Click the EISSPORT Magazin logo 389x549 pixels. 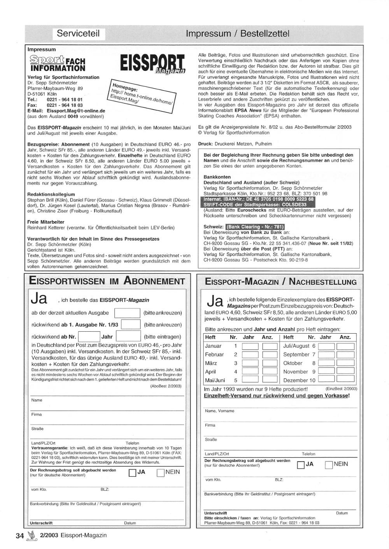point(152,64)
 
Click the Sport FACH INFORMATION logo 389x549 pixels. point(57,63)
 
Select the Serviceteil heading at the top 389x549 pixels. point(78,33)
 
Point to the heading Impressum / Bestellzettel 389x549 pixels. point(238,33)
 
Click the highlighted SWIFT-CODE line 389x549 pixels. point(255,205)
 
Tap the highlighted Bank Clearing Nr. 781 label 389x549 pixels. point(255,227)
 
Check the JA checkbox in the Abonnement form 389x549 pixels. point(132,473)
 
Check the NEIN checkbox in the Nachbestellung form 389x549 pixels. point(329,465)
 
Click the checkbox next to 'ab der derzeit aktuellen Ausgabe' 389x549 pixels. point(127,313)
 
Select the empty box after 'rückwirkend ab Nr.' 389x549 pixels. point(89,337)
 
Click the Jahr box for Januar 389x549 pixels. point(250,346)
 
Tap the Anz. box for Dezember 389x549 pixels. point(345,380)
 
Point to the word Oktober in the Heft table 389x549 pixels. point(293,363)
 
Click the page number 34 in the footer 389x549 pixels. point(20,535)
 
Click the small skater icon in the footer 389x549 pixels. point(32,535)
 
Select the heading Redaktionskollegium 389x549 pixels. point(51,194)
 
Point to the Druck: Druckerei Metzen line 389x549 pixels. point(235,143)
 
